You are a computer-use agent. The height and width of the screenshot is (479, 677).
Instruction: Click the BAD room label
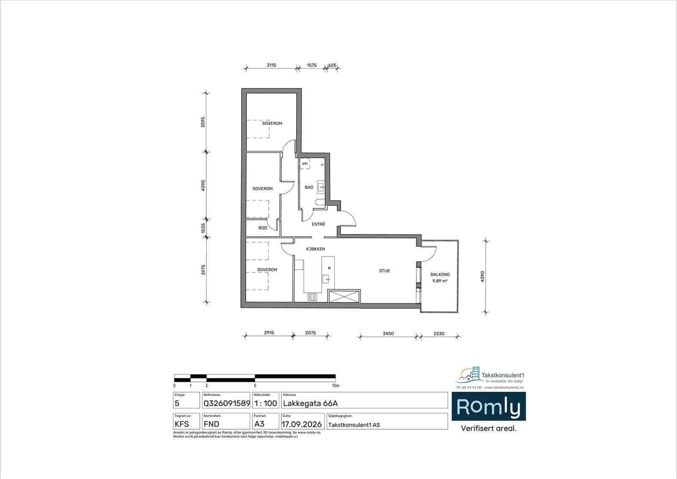(x=309, y=187)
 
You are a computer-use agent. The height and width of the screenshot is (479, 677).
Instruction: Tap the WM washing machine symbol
(x=305, y=164)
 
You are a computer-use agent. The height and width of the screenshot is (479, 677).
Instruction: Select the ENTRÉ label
(x=319, y=224)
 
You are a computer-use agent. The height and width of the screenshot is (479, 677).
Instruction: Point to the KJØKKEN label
(x=316, y=249)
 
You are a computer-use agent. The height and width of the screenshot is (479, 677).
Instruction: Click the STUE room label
(x=385, y=271)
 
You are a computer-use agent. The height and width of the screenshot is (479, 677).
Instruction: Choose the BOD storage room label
(x=263, y=228)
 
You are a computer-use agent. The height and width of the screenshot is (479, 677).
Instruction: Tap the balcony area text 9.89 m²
(x=440, y=281)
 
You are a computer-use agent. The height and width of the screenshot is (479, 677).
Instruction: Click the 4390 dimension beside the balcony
(x=482, y=276)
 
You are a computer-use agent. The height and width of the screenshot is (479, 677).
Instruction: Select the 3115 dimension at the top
(x=271, y=65)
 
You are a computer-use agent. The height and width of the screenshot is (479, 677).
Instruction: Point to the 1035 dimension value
(x=204, y=228)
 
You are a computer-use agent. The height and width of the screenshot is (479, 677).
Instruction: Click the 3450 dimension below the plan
(x=388, y=333)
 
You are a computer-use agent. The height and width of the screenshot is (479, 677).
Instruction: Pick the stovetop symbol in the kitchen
(x=312, y=297)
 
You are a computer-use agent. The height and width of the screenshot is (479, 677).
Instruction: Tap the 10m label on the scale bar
(x=336, y=385)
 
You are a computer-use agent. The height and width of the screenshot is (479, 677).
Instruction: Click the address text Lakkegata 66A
(x=311, y=403)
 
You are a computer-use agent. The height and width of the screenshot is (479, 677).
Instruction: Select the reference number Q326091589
(x=227, y=403)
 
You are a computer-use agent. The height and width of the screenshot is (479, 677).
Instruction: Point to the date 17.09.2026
(x=302, y=424)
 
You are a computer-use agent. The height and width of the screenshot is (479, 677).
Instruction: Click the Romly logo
(x=489, y=407)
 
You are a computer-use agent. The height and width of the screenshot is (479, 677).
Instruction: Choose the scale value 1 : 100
(x=266, y=403)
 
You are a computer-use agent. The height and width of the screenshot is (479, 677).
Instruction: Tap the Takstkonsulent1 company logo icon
(x=469, y=374)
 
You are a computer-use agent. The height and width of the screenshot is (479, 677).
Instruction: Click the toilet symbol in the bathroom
(x=320, y=202)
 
